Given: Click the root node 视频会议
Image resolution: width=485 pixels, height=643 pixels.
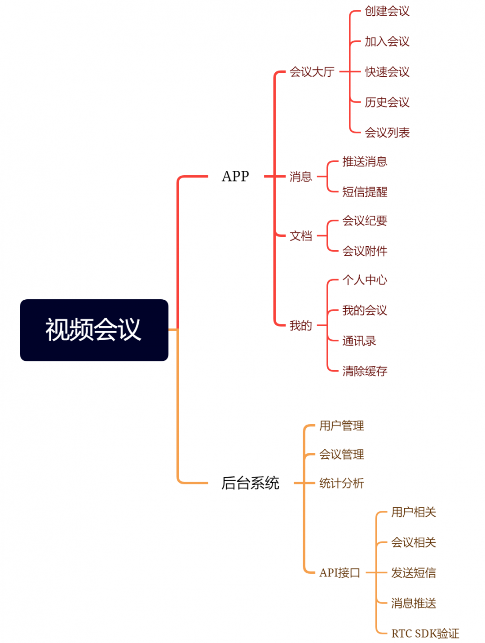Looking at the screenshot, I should (x=94, y=330).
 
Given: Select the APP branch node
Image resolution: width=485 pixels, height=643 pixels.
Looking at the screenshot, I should (x=235, y=176).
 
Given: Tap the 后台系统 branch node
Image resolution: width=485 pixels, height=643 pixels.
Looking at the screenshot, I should (x=250, y=483).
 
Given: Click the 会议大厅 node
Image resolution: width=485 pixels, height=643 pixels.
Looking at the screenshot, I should (x=312, y=72).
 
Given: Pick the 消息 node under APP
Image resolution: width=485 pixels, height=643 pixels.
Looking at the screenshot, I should (x=300, y=177).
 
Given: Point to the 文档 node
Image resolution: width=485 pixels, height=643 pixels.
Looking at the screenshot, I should (x=300, y=236).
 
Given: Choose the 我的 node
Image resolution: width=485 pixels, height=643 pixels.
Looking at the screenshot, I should (x=300, y=325).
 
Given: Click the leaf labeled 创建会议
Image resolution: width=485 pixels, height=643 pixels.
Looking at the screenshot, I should (x=387, y=11).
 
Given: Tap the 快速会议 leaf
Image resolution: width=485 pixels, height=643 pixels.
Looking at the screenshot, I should (x=387, y=72).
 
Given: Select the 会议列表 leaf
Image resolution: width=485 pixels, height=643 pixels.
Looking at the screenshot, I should (x=387, y=133).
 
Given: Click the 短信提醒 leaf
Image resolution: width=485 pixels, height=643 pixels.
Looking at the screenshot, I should (x=364, y=192).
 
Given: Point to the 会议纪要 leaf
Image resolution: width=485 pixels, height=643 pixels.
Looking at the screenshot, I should (x=364, y=221).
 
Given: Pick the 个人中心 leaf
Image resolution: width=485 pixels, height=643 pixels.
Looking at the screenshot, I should (x=364, y=280).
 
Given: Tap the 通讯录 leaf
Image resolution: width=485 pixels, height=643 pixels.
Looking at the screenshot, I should (x=359, y=341).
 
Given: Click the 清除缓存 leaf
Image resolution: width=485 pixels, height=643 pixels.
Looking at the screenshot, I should (x=364, y=371).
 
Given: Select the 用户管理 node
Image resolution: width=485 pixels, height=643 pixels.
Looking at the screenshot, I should (x=341, y=426).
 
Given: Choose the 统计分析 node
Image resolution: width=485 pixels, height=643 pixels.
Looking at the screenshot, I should (x=341, y=483).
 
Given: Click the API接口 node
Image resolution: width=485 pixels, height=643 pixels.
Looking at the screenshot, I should (x=339, y=573).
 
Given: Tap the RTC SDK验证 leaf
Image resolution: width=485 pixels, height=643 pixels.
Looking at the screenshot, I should (x=425, y=634).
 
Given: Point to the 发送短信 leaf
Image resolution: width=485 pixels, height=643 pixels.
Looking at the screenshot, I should (x=413, y=573).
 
